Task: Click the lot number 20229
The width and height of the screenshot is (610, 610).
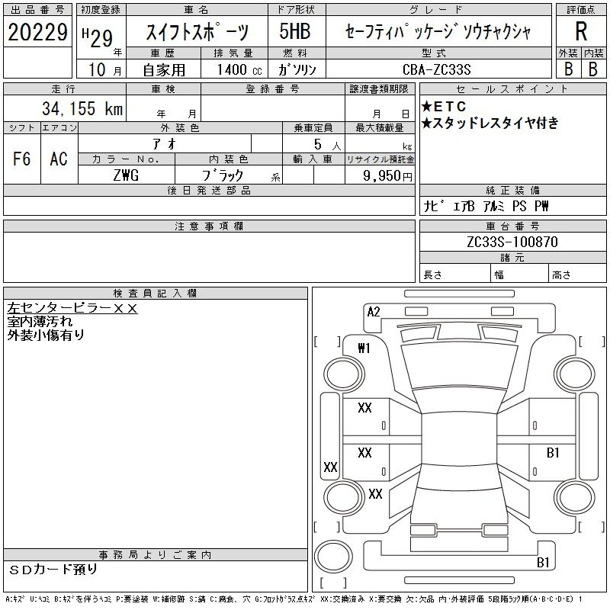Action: [x=37, y=31]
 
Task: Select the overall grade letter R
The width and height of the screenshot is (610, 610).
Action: [x=581, y=31]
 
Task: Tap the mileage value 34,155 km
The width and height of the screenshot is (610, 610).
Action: [x=82, y=108]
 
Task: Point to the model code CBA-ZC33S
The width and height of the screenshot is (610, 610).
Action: [x=436, y=69]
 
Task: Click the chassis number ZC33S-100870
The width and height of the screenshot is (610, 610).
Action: [x=512, y=242]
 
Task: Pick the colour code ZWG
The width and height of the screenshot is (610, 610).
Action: [x=126, y=175]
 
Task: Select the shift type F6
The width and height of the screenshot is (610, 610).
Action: [x=22, y=159]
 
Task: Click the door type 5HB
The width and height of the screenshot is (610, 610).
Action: [x=295, y=31]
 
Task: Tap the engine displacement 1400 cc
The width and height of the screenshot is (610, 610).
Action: [x=239, y=69]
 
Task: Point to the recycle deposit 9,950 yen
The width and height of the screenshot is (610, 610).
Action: [x=387, y=176]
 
